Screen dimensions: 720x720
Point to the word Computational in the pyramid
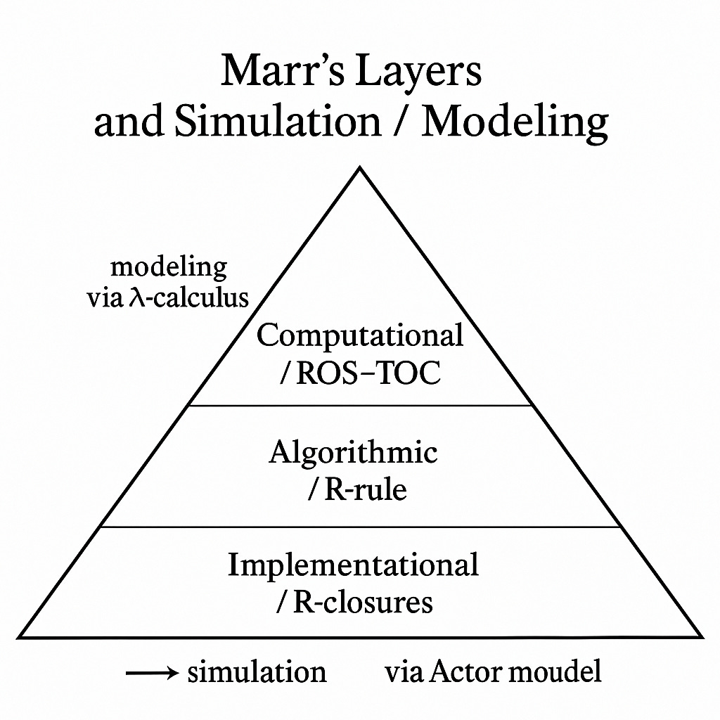click(360, 335)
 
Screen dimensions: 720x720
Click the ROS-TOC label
click(368, 373)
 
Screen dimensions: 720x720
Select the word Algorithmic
click(353, 452)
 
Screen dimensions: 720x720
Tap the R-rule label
click(365, 489)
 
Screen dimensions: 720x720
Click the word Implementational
click(353, 565)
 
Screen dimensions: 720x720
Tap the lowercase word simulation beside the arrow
click(257, 673)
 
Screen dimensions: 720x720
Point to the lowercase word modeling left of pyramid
click(169, 268)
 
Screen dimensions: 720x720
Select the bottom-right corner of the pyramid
click(702, 637)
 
